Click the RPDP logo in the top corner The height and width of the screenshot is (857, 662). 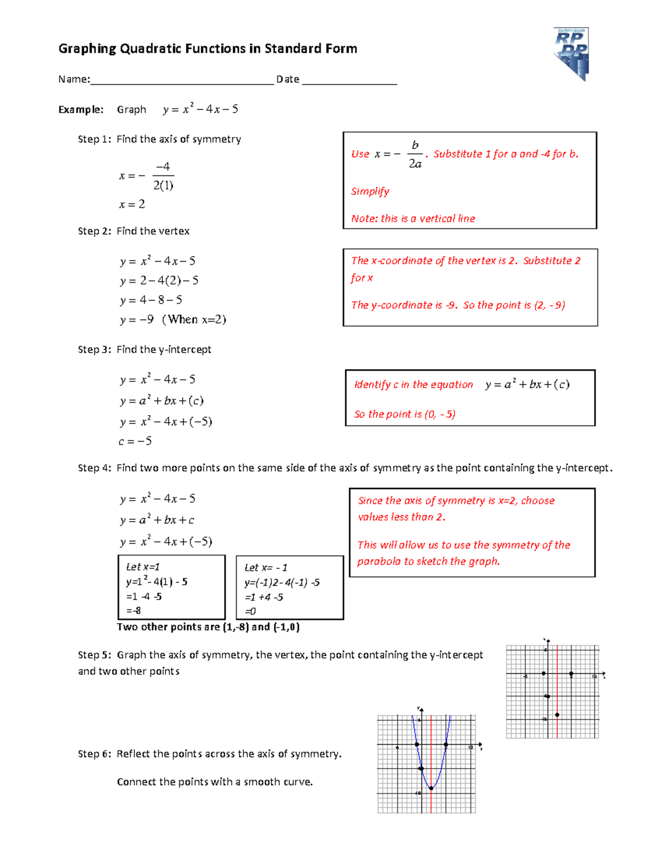click(572, 54)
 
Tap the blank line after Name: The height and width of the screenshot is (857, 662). click(182, 81)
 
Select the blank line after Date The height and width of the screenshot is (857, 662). click(350, 81)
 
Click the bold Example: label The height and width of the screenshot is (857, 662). click(81, 109)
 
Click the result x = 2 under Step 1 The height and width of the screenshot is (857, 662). click(132, 204)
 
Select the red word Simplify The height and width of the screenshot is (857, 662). click(370, 191)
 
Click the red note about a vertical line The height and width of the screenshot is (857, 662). click(413, 219)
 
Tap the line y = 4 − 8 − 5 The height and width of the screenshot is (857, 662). click(151, 300)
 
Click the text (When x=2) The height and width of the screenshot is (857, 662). click(194, 320)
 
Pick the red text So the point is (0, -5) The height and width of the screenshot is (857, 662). click(405, 414)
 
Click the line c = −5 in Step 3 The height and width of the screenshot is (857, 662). click(135, 441)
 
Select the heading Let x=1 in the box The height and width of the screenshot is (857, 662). click(143, 567)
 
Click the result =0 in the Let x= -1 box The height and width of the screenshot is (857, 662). click(250, 611)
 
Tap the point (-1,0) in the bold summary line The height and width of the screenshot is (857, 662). click(286, 627)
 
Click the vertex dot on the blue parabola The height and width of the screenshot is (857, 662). click(431, 788)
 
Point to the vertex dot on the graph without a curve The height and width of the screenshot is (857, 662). click(557, 715)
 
